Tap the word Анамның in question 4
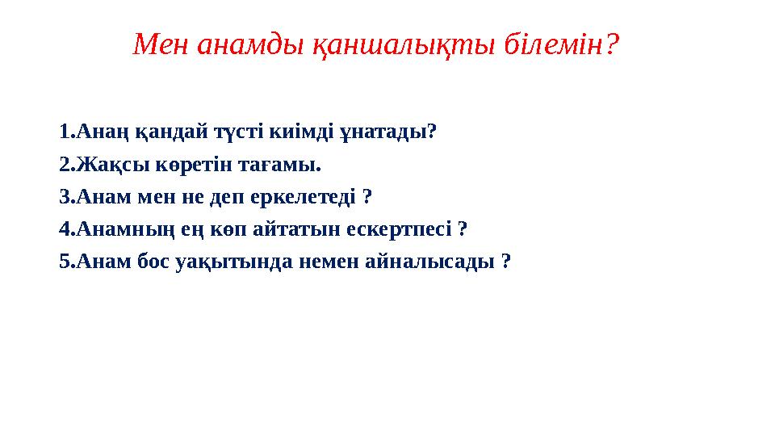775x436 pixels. pos(122,230)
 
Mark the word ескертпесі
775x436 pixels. pos(400,230)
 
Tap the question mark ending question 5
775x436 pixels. pos(506,263)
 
